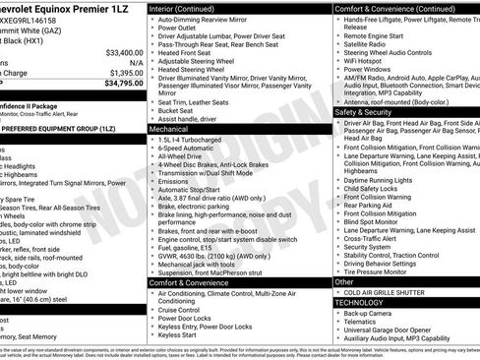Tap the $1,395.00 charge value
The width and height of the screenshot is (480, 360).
[x=125, y=72]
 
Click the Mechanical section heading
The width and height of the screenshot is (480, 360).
[x=169, y=129]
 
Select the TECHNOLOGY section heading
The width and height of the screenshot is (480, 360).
[x=360, y=303]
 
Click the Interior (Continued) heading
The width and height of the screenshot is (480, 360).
[x=182, y=8]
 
